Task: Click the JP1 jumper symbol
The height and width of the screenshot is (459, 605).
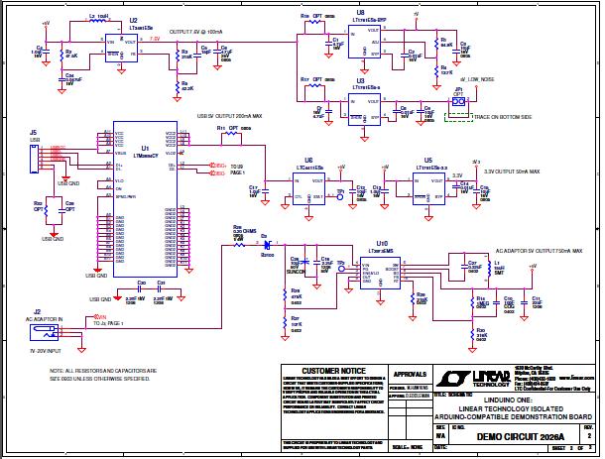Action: pyautogui.click(x=457, y=100)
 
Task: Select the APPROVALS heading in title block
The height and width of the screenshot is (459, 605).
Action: pyautogui.click(x=410, y=373)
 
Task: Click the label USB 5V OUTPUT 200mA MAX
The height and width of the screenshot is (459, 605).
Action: pyautogui.click(x=229, y=116)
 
